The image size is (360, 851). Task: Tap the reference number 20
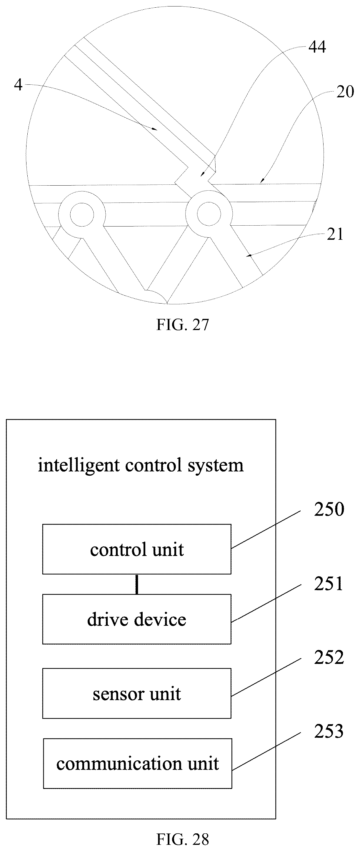pyautogui.click(x=345, y=91)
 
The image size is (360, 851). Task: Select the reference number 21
pyautogui.click(x=335, y=234)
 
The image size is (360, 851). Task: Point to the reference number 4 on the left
pyautogui.click(x=18, y=85)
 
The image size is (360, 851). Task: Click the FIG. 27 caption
pyautogui.click(x=183, y=324)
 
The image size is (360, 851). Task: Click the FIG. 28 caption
pyautogui.click(x=183, y=839)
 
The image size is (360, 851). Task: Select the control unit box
pyautogui.click(x=137, y=549)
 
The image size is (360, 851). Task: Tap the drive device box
pyautogui.click(x=137, y=619)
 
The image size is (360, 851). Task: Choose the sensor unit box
pyautogui.click(x=137, y=693)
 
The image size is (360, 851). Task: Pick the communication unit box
pyautogui.click(x=137, y=763)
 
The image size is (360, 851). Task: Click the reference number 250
pyautogui.click(x=329, y=509)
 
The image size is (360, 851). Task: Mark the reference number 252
pyautogui.click(x=329, y=657)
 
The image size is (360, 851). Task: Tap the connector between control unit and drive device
pyautogui.click(x=137, y=584)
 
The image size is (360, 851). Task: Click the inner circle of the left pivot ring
pyautogui.click(x=82, y=214)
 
